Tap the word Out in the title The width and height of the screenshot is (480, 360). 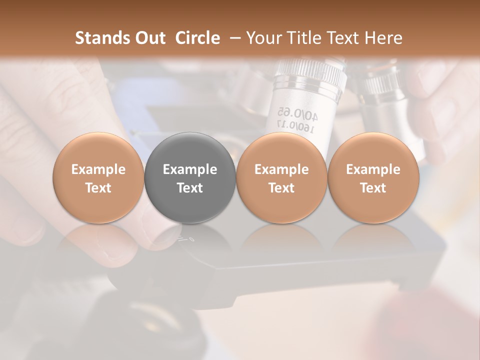149,38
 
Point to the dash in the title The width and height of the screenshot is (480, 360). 234,38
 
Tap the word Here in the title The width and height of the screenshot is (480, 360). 384,38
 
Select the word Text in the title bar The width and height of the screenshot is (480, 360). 344,38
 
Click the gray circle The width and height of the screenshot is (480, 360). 190,178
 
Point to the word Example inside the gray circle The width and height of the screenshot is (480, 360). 190,169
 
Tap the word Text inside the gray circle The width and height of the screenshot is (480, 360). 190,188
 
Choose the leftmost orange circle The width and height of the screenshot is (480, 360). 98,178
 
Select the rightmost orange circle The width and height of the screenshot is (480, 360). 373,178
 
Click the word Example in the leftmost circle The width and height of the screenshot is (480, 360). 98,169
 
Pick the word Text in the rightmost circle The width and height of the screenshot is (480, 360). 373,188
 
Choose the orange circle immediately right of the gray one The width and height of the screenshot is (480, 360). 281,178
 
